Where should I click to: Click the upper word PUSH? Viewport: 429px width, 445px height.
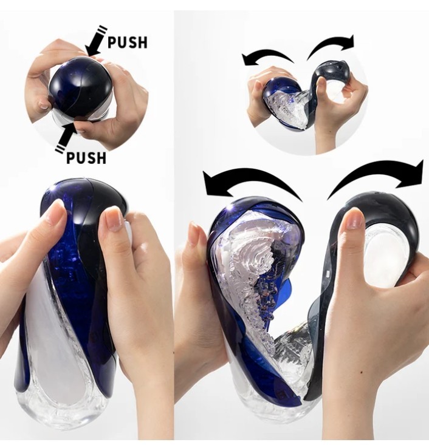click(128, 42)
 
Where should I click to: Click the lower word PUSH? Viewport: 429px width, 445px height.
click(86, 157)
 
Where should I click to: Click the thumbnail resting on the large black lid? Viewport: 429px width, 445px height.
click(355, 218)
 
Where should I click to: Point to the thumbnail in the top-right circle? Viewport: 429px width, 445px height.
click(321, 83)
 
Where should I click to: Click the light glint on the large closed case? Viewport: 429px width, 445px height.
click(52, 189)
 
